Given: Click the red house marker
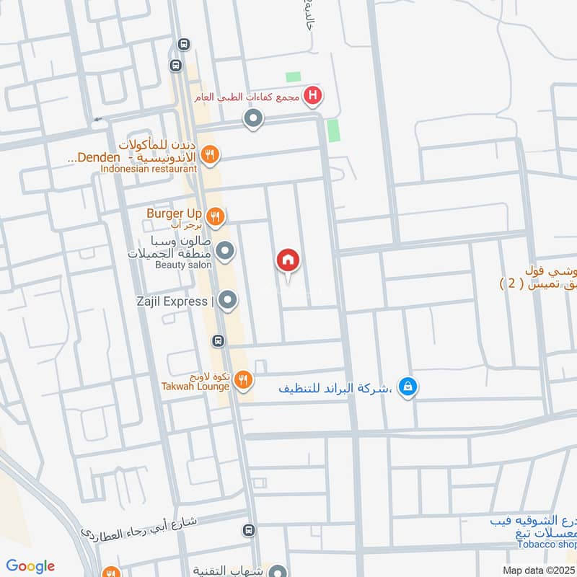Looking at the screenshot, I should tap(288, 261).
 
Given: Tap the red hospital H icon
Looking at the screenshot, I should tap(312, 94).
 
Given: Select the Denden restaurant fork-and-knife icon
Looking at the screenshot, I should tap(209, 153).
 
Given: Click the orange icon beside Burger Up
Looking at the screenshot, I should tap(214, 216).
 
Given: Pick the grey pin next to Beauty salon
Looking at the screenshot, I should tap(226, 251).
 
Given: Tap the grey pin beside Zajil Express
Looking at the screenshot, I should tap(228, 300).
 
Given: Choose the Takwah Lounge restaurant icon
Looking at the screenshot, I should tap(244, 379).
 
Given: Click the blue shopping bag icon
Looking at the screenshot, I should tap(408, 388).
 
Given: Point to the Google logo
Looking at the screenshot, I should tap(30, 566).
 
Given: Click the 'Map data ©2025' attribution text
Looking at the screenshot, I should tap(539, 570).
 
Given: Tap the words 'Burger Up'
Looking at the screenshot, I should tap(171, 213).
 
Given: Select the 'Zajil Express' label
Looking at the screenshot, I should tap(171, 301).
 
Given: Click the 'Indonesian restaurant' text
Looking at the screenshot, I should tap(149, 168).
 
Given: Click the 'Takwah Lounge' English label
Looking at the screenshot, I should tap(195, 387).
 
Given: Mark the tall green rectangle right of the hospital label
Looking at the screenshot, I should tap(332, 131).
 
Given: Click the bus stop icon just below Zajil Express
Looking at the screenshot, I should tap(218, 340).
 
